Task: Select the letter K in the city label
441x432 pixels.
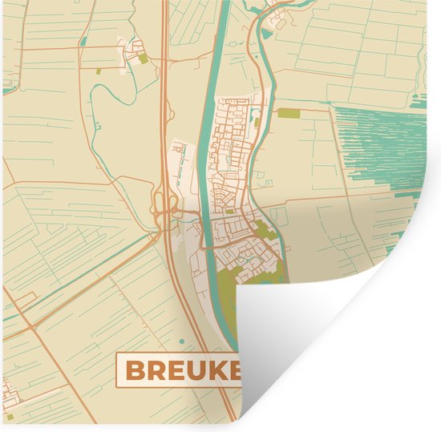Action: tap(221, 370)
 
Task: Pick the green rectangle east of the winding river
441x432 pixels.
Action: tap(288, 113)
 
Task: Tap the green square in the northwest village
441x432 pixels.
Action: tap(143, 59)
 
